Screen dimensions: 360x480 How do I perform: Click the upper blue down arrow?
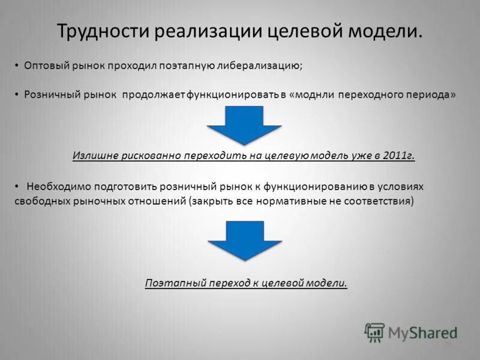click(244, 125)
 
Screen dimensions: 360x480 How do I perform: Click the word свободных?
click(39, 201)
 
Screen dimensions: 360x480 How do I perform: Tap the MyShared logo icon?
click(374, 332)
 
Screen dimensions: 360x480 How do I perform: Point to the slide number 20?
click(447, 344)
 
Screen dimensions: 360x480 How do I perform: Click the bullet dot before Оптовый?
click(17, 65)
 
